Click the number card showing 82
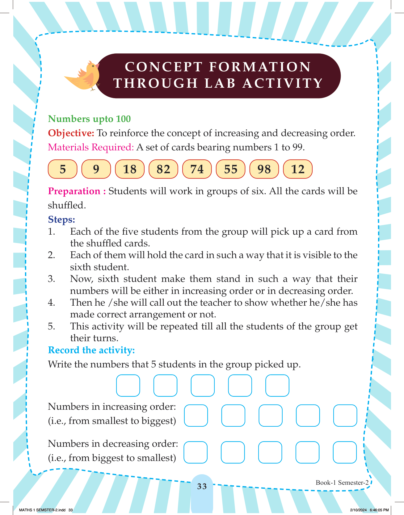pos(163,169)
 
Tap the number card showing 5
pos(63,169)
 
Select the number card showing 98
pos(264,169)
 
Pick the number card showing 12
pos(298,169)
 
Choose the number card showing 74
pos(197,169)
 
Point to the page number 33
pos(202,486)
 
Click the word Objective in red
pos(71,133)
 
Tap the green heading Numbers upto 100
pos(89,119)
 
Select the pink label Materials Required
pos(91,147)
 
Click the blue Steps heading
pos(61,220)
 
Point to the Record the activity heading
pos(91,350)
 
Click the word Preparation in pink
pos(74,191)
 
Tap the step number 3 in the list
pos(51,279)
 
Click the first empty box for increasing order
pos(196,416)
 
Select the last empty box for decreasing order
pos(345,452)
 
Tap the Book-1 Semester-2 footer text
pos(342,483)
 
